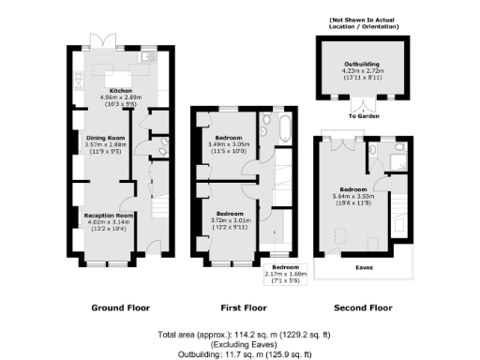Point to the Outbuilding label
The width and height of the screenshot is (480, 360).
[x=362, y=63]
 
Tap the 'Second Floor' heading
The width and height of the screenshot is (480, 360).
[x=362, y=307]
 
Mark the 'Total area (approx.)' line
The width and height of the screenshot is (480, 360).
[x=240, y=335]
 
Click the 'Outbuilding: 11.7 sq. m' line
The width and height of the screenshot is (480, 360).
[x=240, y=354]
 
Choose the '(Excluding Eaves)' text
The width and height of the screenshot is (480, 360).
[x=240, y=344]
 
